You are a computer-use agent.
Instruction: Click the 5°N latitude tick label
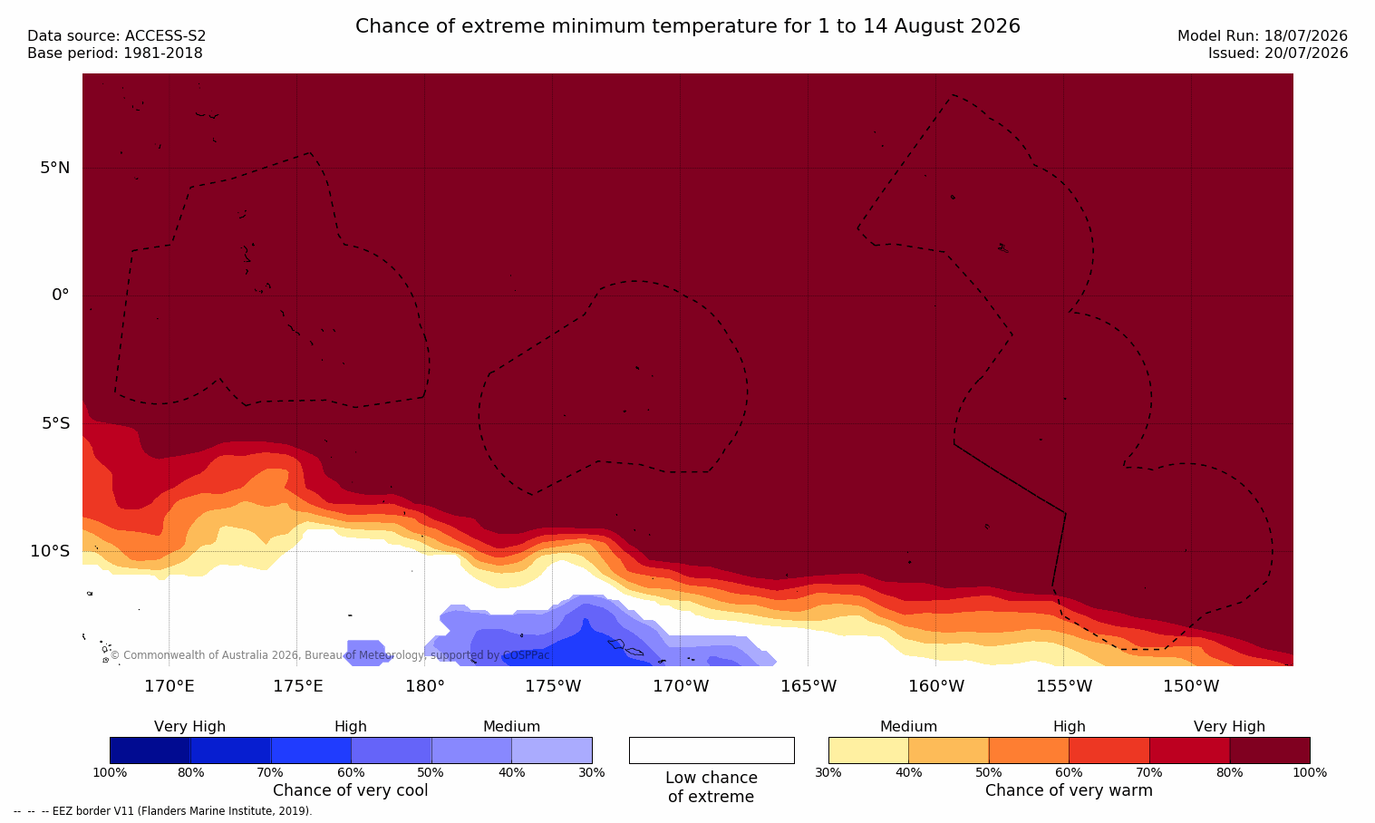pyautogui.click(x=54, y=168)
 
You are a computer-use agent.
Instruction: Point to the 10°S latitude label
pyautogui.click(x=50, y=551)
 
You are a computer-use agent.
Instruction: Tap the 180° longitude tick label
pyautogui.click(x=425, y=685)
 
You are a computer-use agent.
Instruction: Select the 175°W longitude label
pyautogui.click(x=553, y=685)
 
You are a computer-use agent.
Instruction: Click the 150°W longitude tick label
pyautogui.click(x=1191, y=685)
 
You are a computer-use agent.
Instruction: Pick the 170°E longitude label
pyautogui.click(x=169, y=685)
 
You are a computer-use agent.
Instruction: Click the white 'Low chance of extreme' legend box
pyautogui.click(x=712, y=750)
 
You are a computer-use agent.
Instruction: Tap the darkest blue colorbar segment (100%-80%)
pyautogui.click(x=150, y=750)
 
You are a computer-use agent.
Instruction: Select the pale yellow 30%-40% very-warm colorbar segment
pyautogui.click(x=868, y=750)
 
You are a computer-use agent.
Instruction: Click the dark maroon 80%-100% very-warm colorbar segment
pyautogui.click(x=1270, y=750)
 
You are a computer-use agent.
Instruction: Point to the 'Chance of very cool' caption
pyautogui.click(x=351, y=790)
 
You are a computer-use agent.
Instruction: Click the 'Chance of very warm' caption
pyautogui.click(x=1069, y=790)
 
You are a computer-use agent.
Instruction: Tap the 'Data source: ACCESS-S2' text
pyautogui.click(x=117, y=36)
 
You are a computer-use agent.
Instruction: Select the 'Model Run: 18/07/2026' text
pyautogui.click(x=1262, y=36)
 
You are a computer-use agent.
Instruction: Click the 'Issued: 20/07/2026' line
pyautogui.click(x=1278, y=53)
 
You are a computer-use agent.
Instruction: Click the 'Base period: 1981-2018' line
pyautogui.click(x=115, y=53)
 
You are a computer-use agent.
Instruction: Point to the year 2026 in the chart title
pyautogui.click(x=995, y=26)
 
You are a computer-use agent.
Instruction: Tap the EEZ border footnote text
pyautogui.click(x=162, y=810)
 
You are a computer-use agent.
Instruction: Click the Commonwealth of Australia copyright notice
pyautogui.click(x=330, y=655)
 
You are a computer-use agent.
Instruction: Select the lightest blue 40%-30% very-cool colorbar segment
pyautogui.click(x=552, y=750)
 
